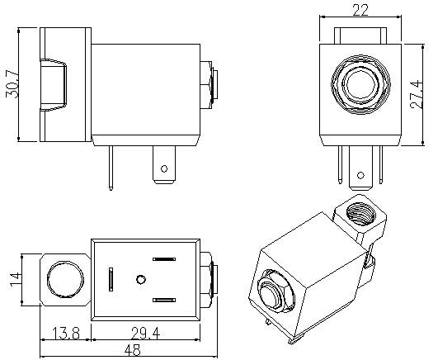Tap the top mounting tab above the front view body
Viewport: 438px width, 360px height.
click(x=359, y=34)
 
